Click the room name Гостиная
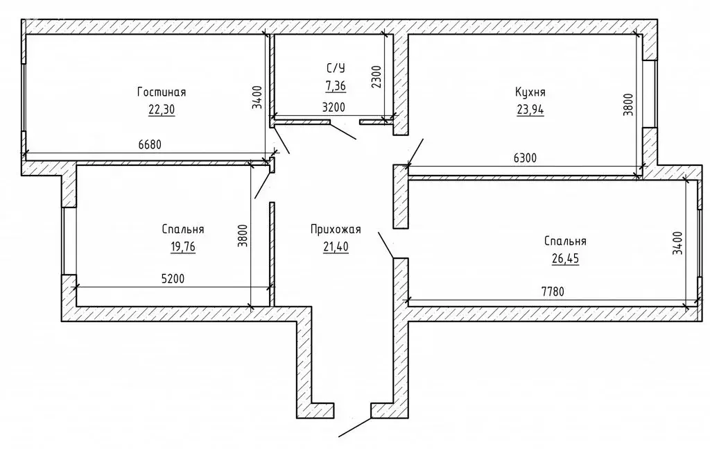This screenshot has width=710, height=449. click(x=162, y=92)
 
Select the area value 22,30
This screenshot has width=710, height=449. click(x=162, y=109)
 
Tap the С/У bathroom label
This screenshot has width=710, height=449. click(x=336, y=68)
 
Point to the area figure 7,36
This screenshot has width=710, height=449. click(x=336, y=85)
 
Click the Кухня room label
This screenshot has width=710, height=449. click(x=530, y=92)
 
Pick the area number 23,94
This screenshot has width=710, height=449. click(x=530, y=109)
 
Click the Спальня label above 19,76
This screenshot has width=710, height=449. click(x=182, y=229)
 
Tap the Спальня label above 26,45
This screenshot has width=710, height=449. click(x=565, y=242)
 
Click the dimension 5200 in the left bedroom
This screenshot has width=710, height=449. click(x=173, y=278)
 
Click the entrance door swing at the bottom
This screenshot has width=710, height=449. click(x=355, y=427)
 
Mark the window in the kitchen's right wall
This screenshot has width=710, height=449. click(x=649, y=94)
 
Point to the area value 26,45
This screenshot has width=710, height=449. click(x=565, y=259)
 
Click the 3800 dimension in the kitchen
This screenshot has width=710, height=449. click(x=627, y=105)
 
